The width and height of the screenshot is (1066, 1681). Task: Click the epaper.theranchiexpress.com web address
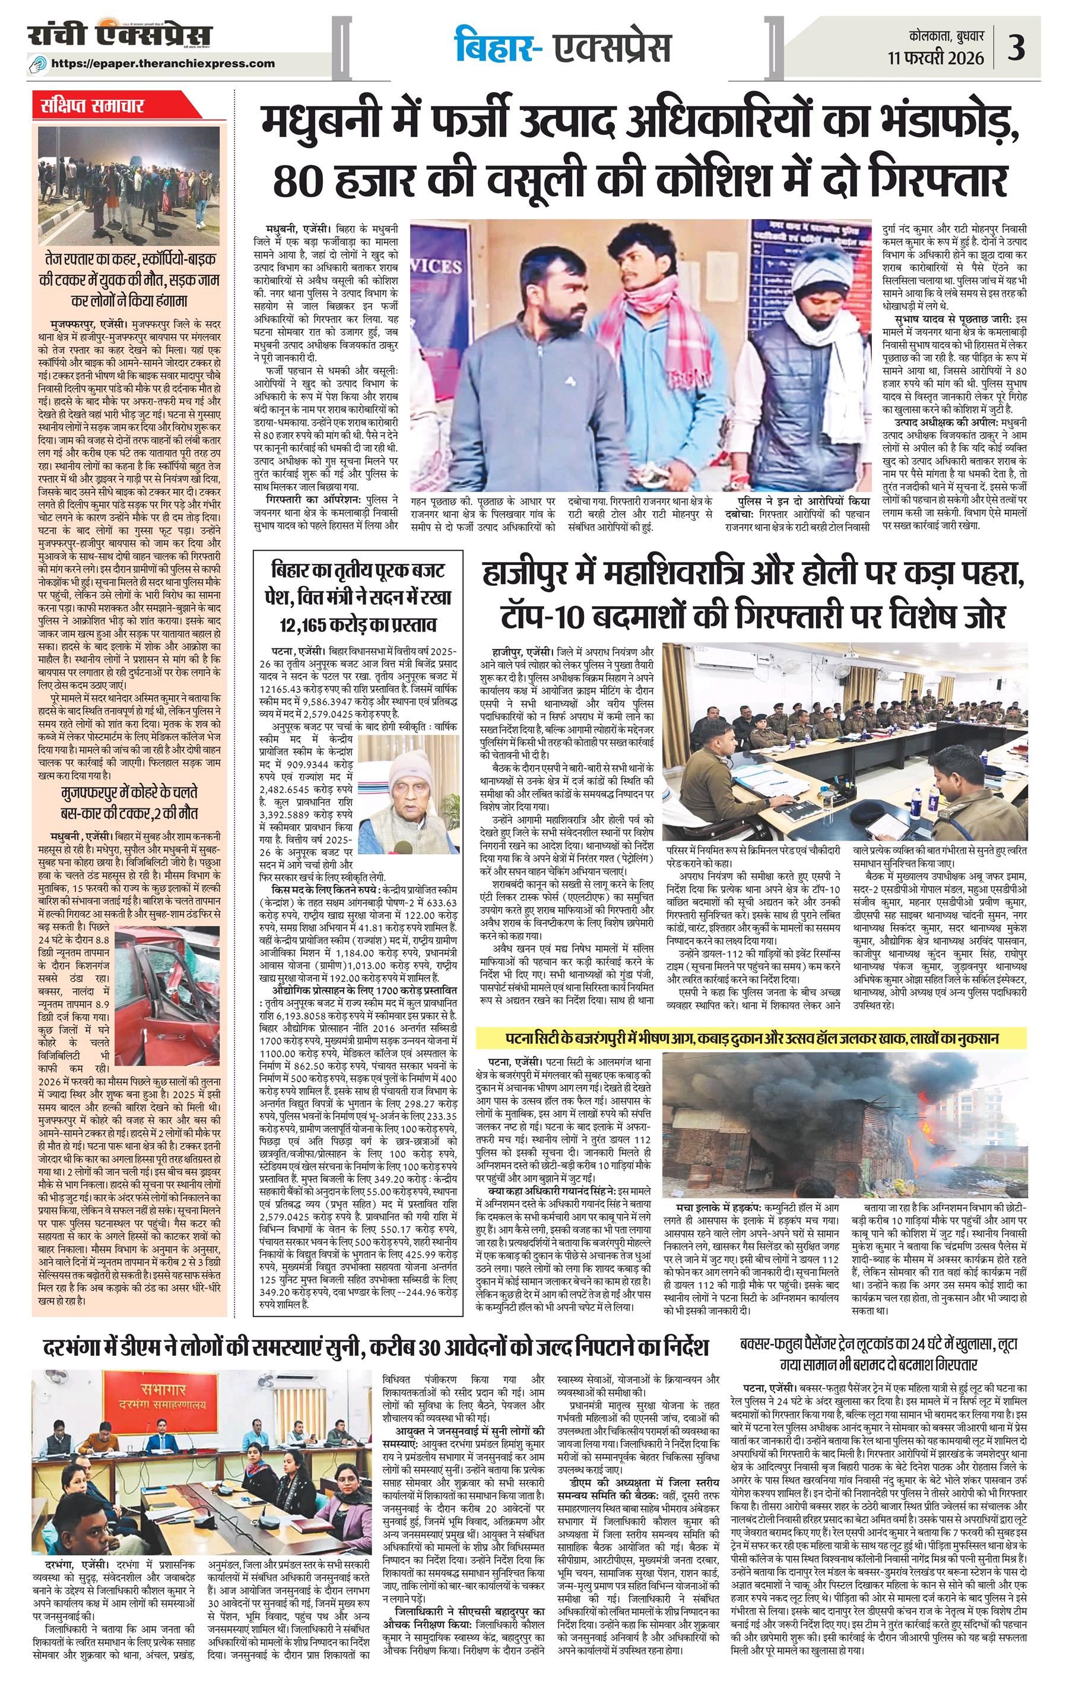[x=163, y=63]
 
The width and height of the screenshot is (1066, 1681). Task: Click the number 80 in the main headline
[x=298, y=179]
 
